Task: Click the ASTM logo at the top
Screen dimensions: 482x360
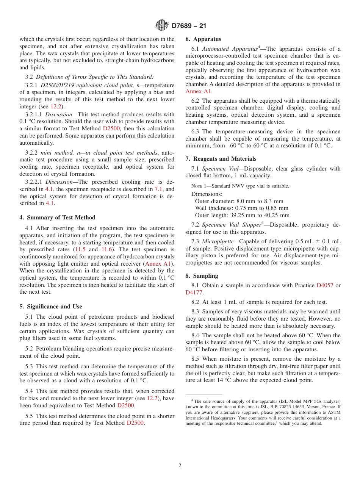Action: (162, 25)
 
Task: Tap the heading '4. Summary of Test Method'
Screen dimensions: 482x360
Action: (57, 218)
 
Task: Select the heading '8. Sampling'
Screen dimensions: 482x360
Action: (202, 276)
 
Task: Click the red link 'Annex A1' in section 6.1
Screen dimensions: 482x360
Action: (196, 91)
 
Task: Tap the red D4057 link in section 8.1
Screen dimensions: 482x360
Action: (325, 285)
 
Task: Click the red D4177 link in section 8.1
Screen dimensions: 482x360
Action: (194, 293)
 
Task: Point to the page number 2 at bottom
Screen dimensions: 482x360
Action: (180, 465)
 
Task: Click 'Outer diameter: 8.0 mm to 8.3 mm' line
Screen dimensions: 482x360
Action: (239, 201)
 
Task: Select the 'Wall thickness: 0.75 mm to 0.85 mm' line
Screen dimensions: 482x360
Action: (241, 208)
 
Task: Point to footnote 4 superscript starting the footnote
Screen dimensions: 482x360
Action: (192, 400)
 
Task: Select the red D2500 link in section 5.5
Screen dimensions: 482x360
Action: (135, 423)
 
